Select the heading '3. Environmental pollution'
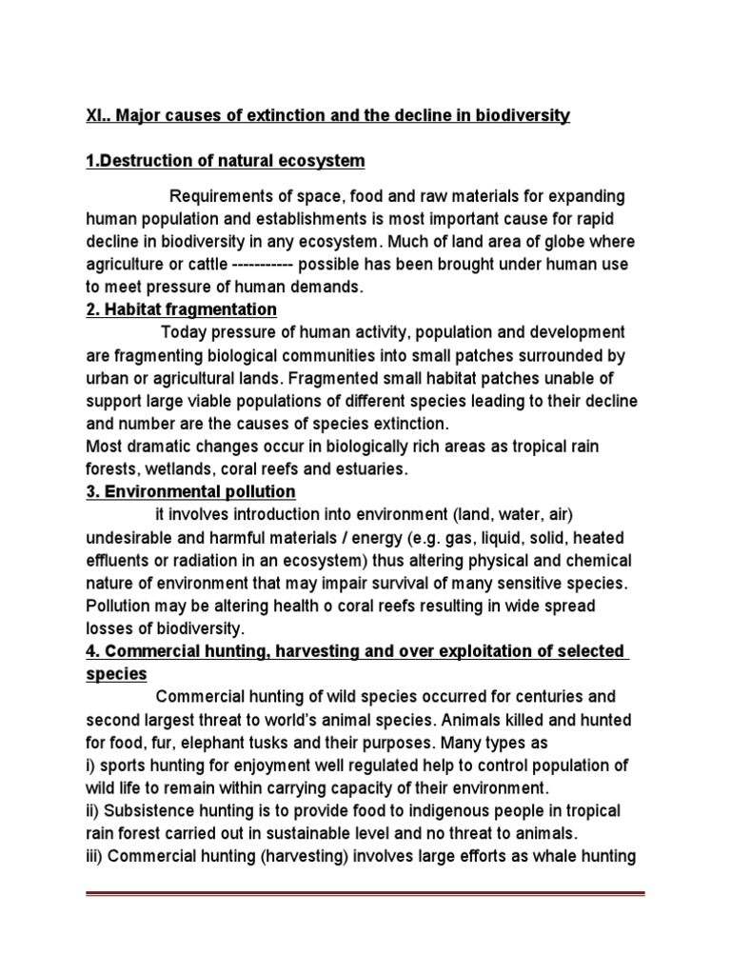[x=191, y=491]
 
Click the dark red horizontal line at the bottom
[x=365, y=895]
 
